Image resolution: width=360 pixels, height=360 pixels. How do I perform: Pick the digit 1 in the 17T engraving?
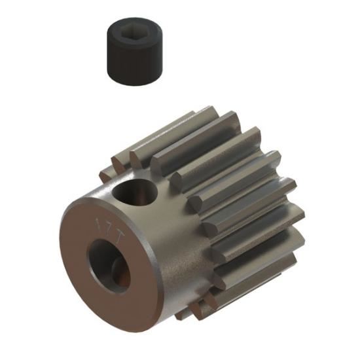[x=99, y=218]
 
